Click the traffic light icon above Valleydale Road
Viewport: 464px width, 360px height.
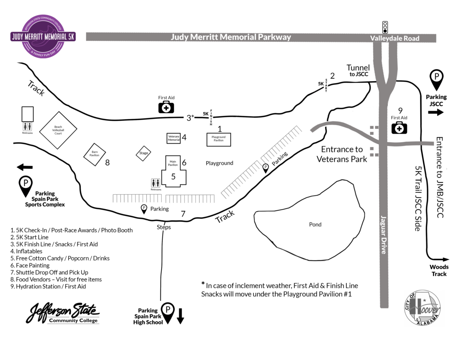coord(385,27)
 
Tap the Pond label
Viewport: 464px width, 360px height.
coord(315,224)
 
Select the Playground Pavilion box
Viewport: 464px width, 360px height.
coord(218,139)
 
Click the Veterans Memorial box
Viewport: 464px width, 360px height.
coord(174,138)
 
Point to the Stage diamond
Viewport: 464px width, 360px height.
coord(144,153)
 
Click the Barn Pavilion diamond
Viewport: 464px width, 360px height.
coord(94,154)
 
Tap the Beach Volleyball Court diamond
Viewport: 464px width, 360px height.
coord(58,128)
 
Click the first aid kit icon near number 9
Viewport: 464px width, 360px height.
coord(399,128)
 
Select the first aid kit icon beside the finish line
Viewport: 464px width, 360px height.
coord(166,107)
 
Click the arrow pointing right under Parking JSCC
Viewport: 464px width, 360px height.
coord(436,112)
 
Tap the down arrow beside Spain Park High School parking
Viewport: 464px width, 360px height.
coord(180,315)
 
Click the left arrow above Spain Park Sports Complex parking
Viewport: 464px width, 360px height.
coord(25,167)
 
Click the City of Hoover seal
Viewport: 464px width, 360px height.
coord(422,307)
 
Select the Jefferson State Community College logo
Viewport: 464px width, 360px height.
coord(63,313)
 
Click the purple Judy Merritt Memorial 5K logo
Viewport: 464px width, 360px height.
coord(43,37)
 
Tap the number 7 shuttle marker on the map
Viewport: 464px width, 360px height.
coord(183,214)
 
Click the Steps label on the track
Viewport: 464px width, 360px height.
coord(164,227)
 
